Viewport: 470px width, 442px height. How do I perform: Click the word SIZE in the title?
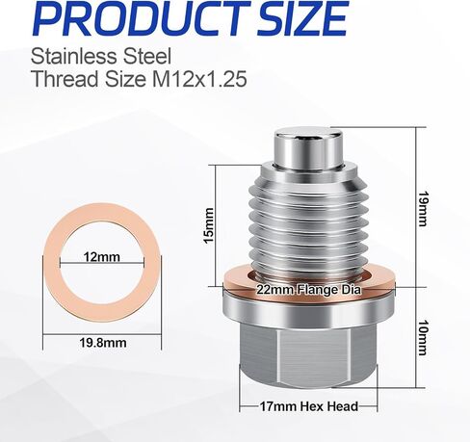tap(300, 17)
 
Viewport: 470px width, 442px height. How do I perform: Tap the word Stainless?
tap(73, 56)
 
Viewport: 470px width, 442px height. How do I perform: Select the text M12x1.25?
tap(199, 79)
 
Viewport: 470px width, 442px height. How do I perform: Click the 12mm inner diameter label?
tap(102, 257)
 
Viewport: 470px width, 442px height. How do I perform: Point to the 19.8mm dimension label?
tap(103, 343)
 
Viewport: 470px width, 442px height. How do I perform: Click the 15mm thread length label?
tap(209, 225)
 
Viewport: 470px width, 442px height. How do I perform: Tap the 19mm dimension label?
tap(424, 209)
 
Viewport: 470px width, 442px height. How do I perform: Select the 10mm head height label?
tap(424, 337)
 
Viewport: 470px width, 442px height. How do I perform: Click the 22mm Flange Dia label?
tap(308, 290)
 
